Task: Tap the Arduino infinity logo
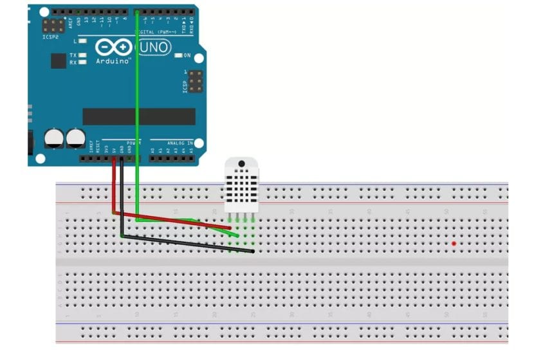pos(115,48)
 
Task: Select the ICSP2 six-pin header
pos(53,25)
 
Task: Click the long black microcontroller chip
pos(138,116)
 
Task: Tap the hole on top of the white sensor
pos(241,164)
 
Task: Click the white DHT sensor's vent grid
pos(241,186)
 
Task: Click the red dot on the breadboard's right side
pos(454,244)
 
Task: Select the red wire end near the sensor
pos(230,227)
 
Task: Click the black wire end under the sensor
pos(252,251)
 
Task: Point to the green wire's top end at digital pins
pos(137,12)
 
